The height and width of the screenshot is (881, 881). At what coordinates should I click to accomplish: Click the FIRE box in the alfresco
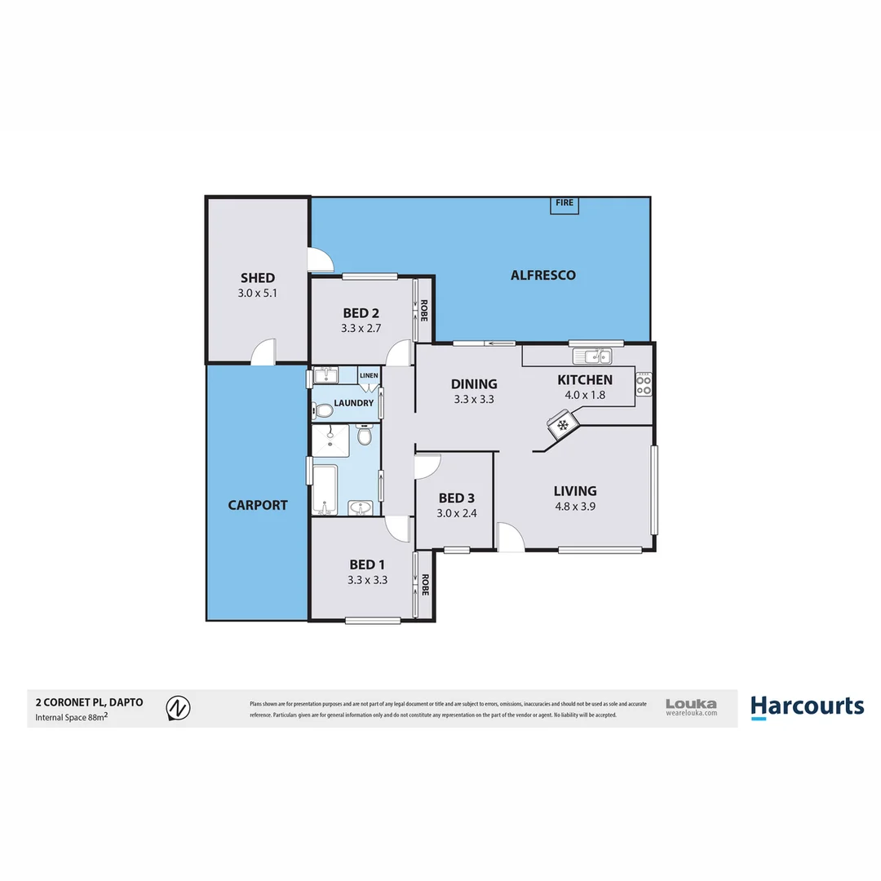(564, 204)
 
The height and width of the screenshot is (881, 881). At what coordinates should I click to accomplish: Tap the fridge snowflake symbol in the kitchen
(561, 424)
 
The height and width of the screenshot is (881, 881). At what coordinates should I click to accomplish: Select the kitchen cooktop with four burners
(644, 383)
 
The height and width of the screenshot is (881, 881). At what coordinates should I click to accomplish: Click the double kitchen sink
(593, 356)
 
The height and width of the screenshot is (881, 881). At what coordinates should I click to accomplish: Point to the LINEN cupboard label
(369, 376)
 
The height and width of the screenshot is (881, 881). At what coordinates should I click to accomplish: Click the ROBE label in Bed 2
(423, 311)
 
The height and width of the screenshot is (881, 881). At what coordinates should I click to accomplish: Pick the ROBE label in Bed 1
(423, 585)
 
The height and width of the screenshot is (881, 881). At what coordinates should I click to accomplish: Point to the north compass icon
(178, 708)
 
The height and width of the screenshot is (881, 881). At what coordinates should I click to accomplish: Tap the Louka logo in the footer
(691, 706)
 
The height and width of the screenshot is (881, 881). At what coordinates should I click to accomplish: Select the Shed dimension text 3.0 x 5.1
(258, 293)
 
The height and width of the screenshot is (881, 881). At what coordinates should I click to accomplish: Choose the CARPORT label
(257, 505)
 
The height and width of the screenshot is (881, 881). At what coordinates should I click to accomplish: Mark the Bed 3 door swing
(427, 466)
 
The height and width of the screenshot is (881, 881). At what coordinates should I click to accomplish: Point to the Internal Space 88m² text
(73, 718)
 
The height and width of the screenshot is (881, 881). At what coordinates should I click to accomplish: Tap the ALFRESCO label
(542, 275)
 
